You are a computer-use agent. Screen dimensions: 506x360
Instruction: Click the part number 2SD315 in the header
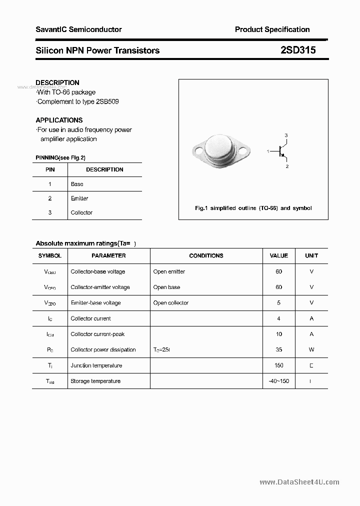pyautogui.click(x=298, y=50)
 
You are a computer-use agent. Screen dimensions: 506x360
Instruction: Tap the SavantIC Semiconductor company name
pyautogui.click(x=78, y=29)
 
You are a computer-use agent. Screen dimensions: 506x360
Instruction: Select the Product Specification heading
pyautogui.click(x=272, y=29)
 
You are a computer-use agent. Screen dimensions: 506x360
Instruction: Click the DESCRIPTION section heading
pyautogui.click(x=57, y=82)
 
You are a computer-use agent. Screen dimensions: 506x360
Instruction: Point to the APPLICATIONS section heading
pyautogui.click(x=59, y=120)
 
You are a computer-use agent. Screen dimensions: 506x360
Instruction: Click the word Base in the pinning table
pyautogui.click(x=77, y=184)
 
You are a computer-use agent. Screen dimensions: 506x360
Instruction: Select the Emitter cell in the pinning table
pyautogui.click(x=79, y=198)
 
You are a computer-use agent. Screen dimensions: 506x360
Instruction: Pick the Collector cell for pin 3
pyautogui.click(x=81, y=212)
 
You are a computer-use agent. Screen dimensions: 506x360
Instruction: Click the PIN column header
pyautogui.click(x=50, y=169)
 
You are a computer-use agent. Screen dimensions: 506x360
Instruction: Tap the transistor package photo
pyautogui.click(x=220, y=150)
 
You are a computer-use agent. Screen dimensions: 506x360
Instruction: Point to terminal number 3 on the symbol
pyautogui.click(x=286, y=135)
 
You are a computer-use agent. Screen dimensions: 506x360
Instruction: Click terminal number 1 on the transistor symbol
pyautogui.click(x=268, y=151)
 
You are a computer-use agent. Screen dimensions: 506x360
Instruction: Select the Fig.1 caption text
pyautogui.click(x=253, y=208)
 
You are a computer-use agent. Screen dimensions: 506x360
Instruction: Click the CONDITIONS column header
pyautogui.click(x=206, y=255)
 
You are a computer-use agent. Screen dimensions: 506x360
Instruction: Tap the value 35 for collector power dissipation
pyautogui.click(x=278, y=349)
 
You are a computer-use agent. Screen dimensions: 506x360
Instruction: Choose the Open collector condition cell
pyautogui.click(x=171, y=303)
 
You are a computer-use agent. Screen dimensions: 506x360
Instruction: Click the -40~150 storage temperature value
pyautogui.click(x=278, y=381)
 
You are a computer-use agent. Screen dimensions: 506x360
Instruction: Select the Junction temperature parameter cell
pyautogui.click(x=96, y=365)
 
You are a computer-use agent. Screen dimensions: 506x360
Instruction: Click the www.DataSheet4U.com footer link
pyautogui.click(x=299, y=482)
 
